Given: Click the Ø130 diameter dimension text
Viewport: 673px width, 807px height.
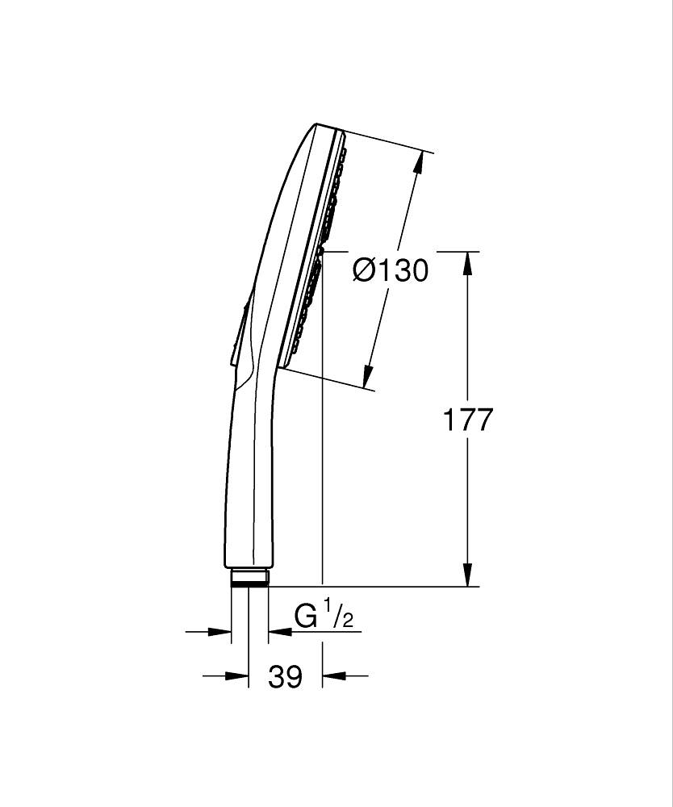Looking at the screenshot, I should coord(391,270).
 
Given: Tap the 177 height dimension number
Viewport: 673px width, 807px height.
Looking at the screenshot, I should coord(468,420).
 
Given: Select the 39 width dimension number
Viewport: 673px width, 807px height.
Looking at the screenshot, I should coord(285,677).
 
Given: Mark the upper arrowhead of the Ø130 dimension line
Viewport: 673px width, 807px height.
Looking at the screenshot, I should coord(418,164).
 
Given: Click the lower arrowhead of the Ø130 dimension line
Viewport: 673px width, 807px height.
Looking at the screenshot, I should coord(368,376).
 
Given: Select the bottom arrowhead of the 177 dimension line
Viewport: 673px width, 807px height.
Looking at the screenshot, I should coord(467,574).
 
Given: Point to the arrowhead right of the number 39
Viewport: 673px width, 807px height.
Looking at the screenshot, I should coord(334,675).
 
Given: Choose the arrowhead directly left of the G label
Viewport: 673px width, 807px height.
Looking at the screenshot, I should coord(280,632).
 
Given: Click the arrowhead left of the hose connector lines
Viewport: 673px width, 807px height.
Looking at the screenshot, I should coord(219,632).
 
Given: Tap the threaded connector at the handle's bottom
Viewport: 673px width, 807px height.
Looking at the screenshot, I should coord(249,577).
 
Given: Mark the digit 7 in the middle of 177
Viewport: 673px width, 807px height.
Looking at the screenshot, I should coord(467,420).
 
